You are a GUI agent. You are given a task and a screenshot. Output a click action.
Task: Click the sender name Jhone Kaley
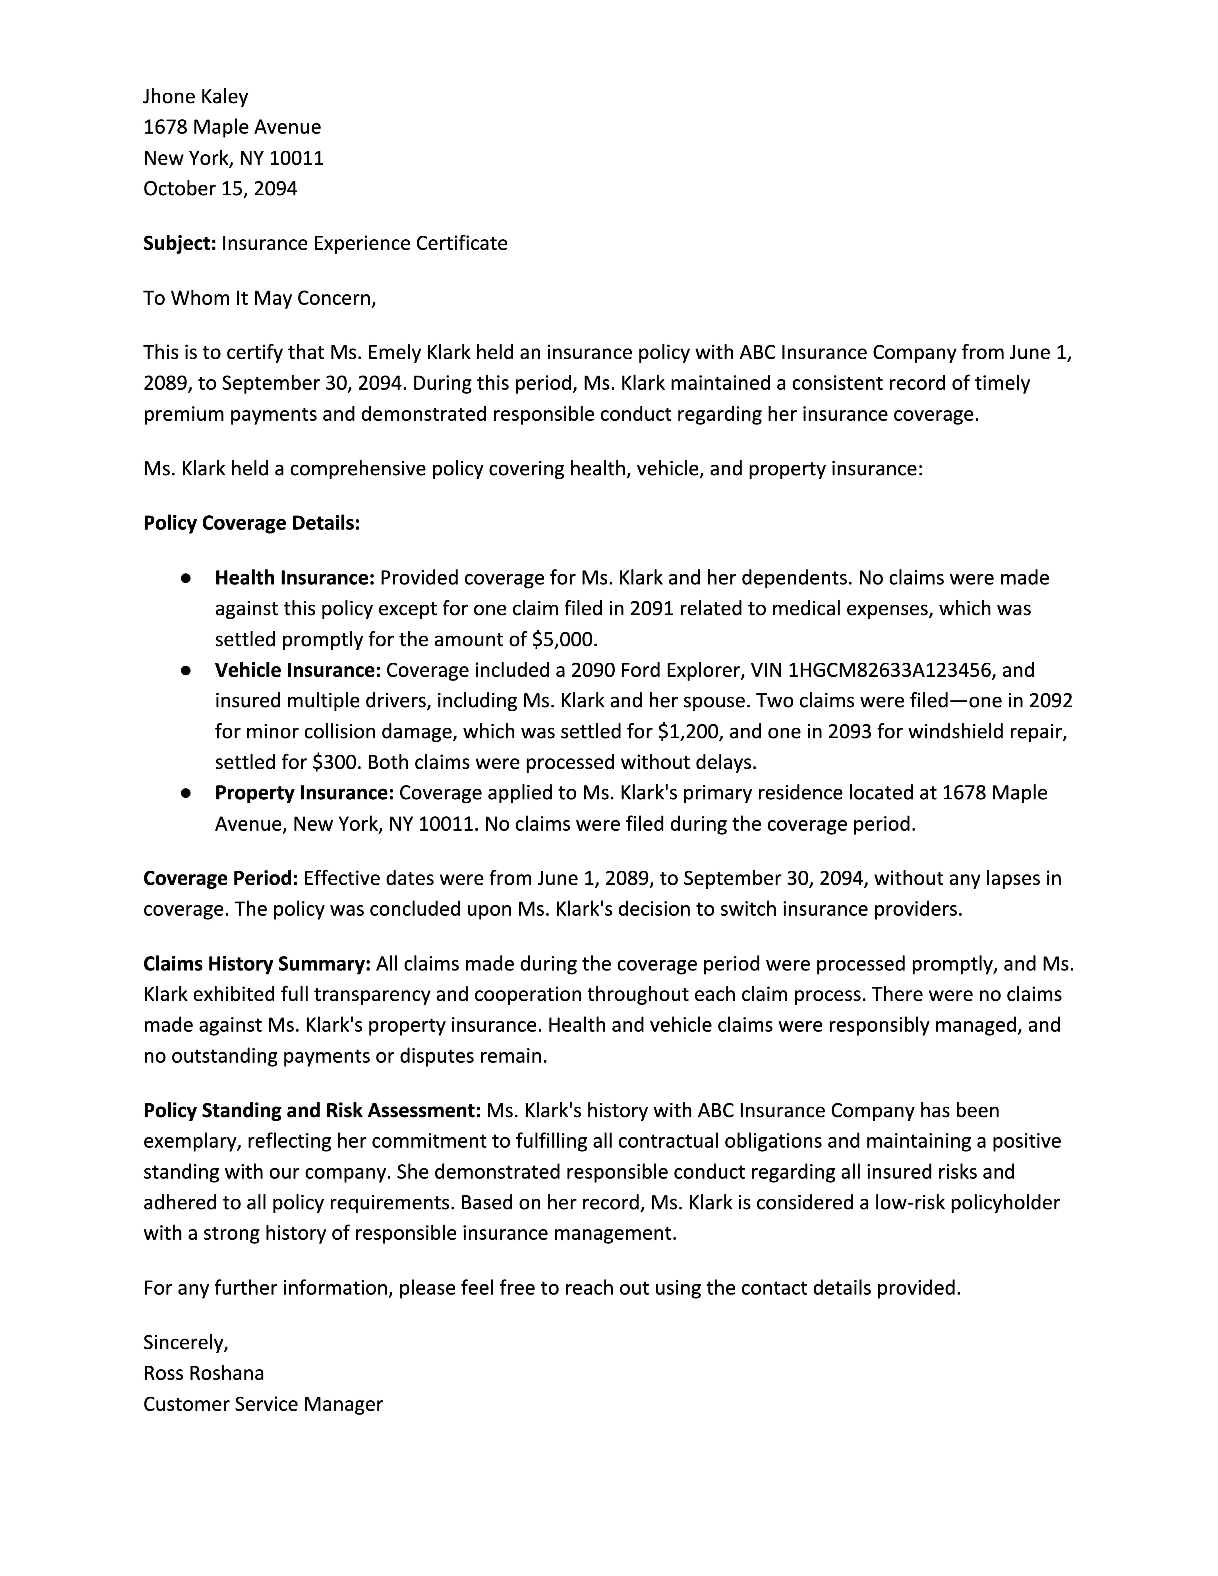tap(196, 97)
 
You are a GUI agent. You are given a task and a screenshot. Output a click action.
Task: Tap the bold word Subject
tap(179, 243)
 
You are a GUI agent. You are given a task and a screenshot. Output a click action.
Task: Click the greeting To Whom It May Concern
tap(259, 298)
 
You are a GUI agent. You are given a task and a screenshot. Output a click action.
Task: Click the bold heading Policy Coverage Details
tap(251, 523)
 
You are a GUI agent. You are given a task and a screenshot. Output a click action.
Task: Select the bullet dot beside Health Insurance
tap(186, 578)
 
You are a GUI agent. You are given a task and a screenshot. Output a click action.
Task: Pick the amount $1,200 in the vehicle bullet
tap(689, 732)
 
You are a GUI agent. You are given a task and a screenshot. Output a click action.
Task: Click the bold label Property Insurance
tap(304, 793)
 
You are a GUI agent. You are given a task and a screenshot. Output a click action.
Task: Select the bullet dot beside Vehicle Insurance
tap(186, 670)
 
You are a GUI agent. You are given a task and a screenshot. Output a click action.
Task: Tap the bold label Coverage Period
tap(220, 878)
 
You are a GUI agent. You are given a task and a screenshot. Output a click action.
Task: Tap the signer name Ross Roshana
tap(204, 1373)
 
